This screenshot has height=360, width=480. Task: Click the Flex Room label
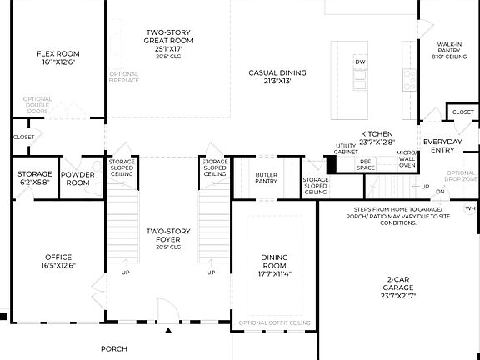57,58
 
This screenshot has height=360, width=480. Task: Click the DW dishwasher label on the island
360,62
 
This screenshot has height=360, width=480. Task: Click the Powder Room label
78,178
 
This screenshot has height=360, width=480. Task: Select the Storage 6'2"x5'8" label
35,178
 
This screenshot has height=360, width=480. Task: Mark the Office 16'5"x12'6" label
57,261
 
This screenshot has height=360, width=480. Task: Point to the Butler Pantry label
266,177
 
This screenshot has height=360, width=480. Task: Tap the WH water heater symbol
471,208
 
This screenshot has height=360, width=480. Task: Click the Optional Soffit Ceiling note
275,322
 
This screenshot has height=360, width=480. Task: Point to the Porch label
114,348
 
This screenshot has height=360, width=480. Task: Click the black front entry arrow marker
169,331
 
